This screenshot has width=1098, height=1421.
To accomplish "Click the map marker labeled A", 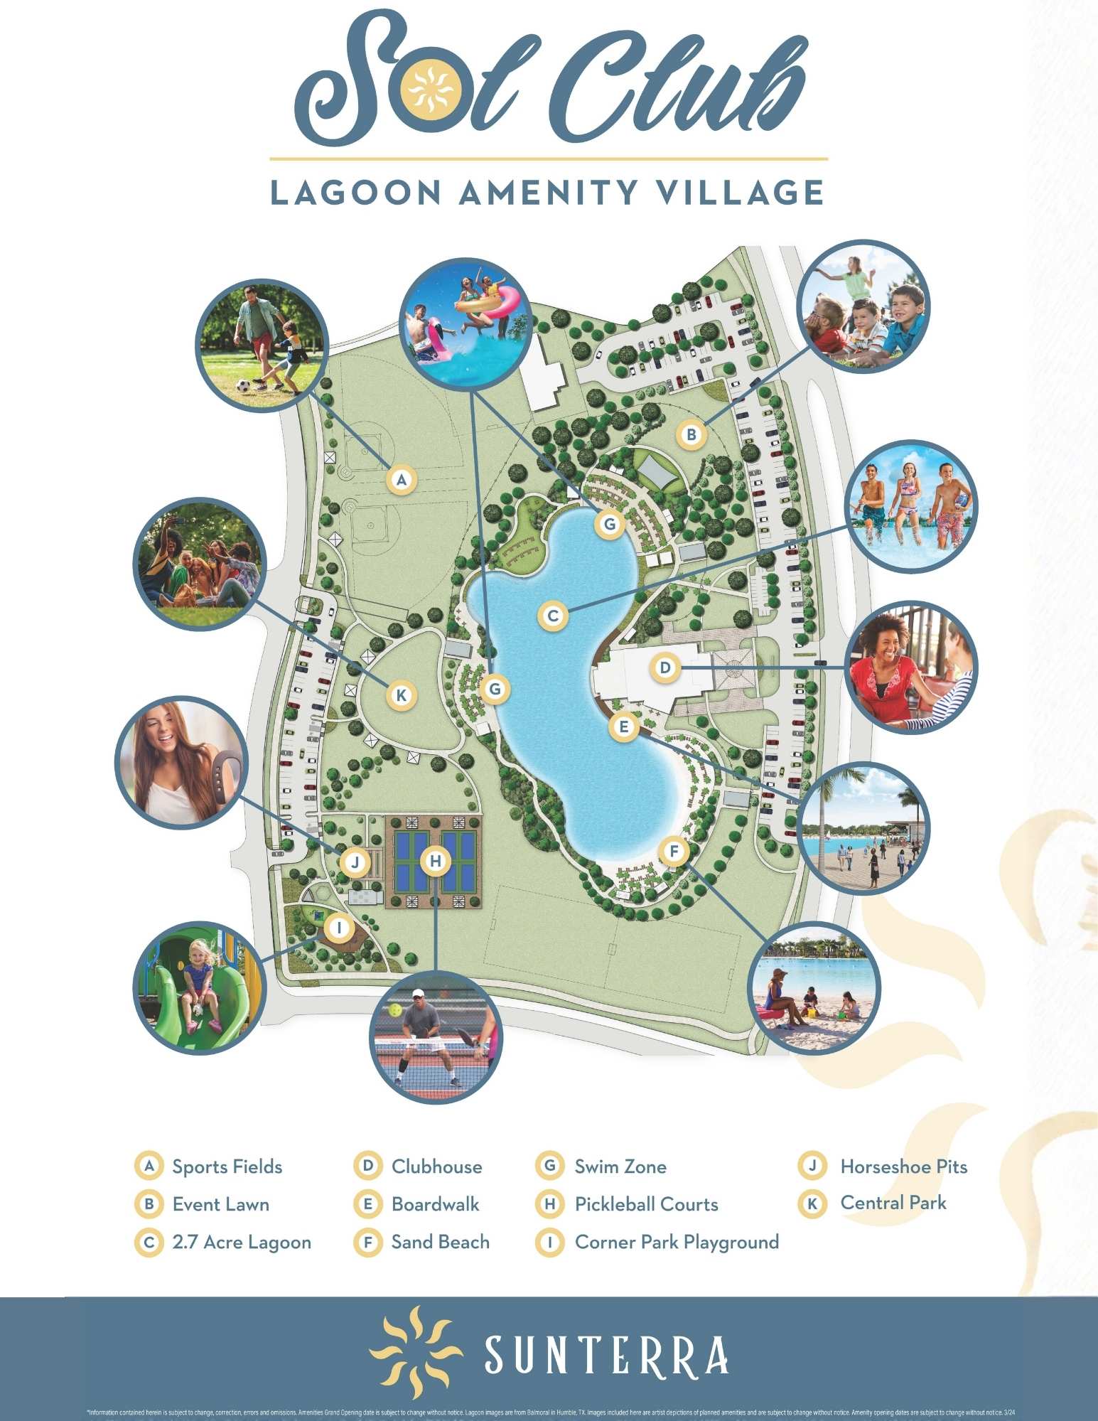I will (402, 480).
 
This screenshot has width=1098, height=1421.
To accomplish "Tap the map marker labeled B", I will (691, 434).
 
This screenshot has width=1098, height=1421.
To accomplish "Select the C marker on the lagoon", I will (553, 616).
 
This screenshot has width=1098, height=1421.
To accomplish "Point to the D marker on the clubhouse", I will (665, 668).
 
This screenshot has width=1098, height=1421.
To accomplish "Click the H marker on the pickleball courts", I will (436, 862).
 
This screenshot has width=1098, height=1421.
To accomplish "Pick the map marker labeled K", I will (402, 695).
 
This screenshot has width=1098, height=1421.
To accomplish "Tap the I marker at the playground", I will (340, 928).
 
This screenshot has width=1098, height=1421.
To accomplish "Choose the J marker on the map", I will (355, 863).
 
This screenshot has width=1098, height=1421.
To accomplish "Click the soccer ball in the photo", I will (243, 387).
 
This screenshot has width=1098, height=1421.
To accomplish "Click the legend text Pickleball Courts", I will (646, 1204).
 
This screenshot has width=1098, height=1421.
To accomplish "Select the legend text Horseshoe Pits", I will (903, 1167).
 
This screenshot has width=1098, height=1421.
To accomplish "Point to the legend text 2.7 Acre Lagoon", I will (242, 1242).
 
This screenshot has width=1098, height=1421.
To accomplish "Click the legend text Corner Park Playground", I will (677, 1242).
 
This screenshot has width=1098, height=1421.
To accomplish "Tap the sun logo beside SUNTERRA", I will (416, 1347).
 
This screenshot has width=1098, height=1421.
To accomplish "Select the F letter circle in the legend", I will (368, 1242).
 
